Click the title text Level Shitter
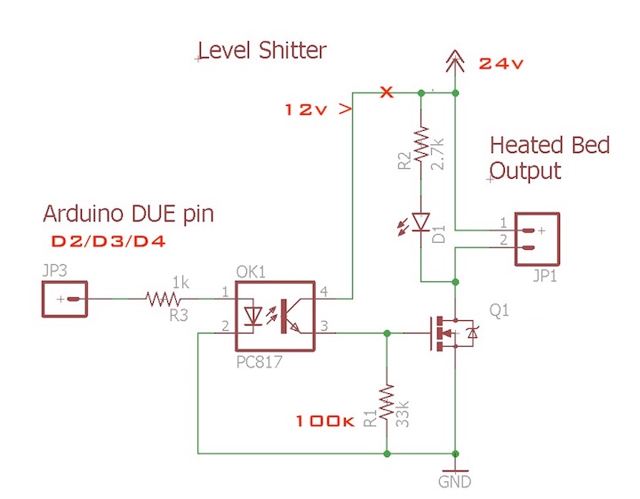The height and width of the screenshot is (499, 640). tap(262, 51)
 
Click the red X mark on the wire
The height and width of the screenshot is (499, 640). tap(386, 93)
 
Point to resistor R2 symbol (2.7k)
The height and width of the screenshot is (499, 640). tap(420, 145)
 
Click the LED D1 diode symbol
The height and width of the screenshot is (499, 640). tap(420, 221)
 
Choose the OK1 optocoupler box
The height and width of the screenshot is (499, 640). tap(276, 316)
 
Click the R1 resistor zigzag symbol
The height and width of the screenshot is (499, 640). tap(387, 404)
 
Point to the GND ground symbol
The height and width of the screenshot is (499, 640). tap(455, 471)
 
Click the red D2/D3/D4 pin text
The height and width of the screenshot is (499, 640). tap(108, 241)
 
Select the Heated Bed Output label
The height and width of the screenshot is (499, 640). tap(549, 157)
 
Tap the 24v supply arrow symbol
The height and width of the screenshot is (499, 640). tap(455, 61)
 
